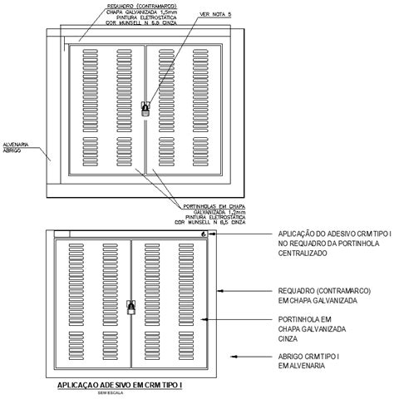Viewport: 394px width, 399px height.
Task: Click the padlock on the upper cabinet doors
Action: tap(145, 108)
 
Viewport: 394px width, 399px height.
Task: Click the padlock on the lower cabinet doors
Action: tap(131, 306)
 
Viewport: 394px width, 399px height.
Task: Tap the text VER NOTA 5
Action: tap(194, 15)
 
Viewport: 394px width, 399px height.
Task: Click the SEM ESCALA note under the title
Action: tap(109, 394)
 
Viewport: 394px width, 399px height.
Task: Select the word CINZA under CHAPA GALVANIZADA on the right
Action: tap(287, 339)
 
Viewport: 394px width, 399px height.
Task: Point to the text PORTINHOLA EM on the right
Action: tap(305, 319)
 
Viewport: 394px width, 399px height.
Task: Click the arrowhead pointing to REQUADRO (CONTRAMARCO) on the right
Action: tap(219, 291)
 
